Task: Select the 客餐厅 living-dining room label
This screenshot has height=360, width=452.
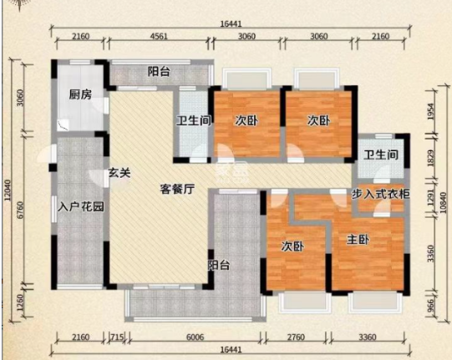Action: tap(177, 189)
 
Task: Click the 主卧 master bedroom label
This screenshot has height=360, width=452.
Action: tap(358, 240)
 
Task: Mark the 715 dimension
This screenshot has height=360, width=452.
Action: tap(117, 337)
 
